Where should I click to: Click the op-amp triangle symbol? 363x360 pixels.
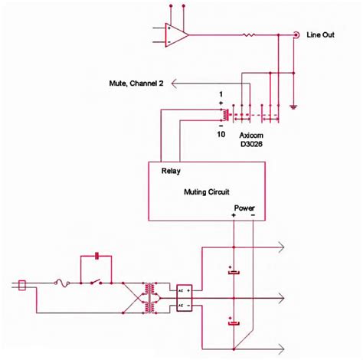coord(177,34)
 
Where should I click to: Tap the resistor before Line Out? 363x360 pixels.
coord(249,34)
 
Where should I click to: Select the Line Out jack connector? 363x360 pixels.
coord(296,34)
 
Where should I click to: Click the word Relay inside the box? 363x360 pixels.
coord(172,172)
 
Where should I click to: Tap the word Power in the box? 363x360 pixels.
coord(244,207)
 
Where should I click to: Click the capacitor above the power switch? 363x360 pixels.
coord(96,255)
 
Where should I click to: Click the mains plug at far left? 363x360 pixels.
coord(22,285)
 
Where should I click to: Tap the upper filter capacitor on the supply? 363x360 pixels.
coord(232,271)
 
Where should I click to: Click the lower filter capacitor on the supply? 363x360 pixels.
coord(232,322)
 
